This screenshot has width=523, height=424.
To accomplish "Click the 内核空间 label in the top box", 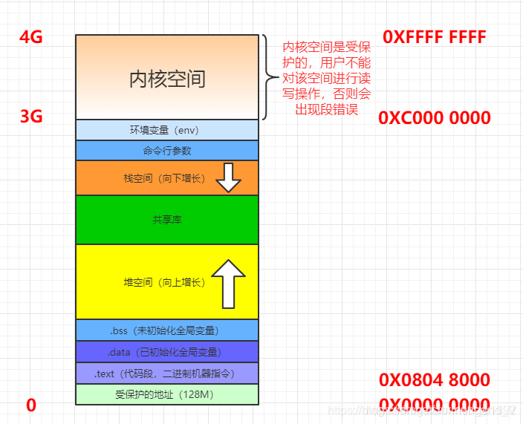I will click(x=167, y=79).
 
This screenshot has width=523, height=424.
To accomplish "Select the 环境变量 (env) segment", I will click(x=166, y=130).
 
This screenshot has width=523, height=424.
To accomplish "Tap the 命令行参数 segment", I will click(x=166, y=151).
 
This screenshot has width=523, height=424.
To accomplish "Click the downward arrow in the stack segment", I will click(x=228, y=177).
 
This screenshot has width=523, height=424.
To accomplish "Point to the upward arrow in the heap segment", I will click(x=227, y=284).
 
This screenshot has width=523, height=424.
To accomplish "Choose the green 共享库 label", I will click(x=166, y=220).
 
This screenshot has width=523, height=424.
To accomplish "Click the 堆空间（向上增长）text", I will click(x=164, y=282).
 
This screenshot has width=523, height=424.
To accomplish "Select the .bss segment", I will click(x=166, y=330).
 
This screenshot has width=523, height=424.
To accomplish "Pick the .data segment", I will click(x=166, y=352).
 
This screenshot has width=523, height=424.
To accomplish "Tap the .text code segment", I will click(x=166, y=374).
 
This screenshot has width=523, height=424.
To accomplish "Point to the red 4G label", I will click(x=30, y=37).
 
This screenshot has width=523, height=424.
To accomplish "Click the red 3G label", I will click(x=30, y=117).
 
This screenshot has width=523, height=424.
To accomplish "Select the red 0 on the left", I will click(x=31, y=405).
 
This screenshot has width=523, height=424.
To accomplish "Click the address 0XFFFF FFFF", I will click(x=434, y=37).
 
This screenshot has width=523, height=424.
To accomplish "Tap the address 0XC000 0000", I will click(x=434, y=118).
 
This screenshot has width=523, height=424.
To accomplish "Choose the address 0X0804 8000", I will click(x=434, y=380).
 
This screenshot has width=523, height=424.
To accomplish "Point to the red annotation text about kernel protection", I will click(x=327, y=78).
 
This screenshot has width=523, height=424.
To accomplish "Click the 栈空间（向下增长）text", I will click(x=164, y=178).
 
